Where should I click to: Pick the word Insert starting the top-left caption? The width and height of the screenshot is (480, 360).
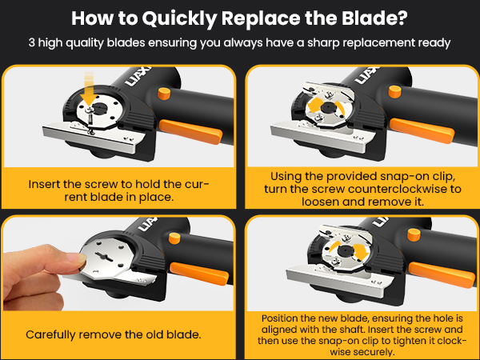coord(43,183)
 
